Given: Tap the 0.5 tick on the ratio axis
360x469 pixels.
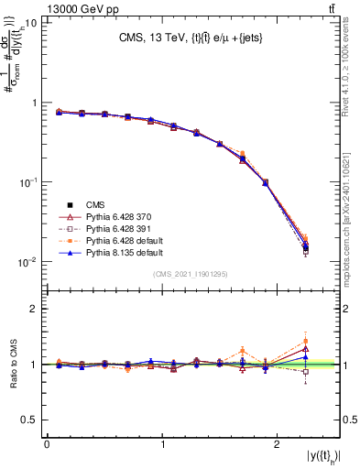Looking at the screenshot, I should (x=31, y=420).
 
